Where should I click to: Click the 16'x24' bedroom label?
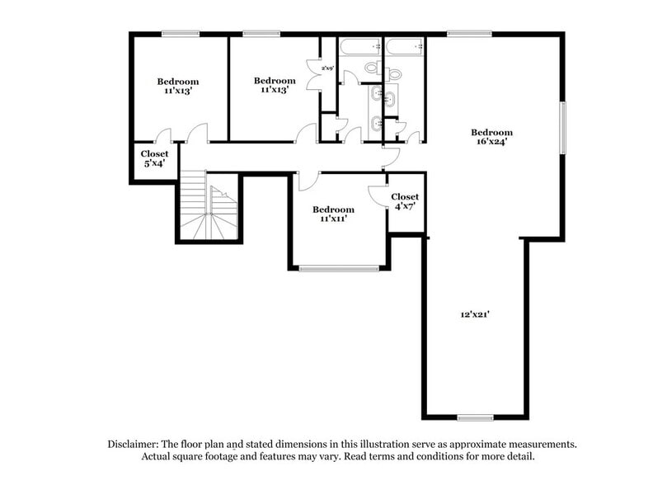[x=491, y=137]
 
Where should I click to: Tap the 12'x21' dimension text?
[x=476, y=314]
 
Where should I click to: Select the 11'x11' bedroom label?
[x=334, y=214]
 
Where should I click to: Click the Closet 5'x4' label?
[x=154, y=158]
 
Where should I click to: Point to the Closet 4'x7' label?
[x=404, y=201]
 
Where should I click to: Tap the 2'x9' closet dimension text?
[x=327, y=68]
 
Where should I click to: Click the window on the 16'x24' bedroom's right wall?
[x=563, y=127]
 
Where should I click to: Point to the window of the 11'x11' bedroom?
[x=339, y=267]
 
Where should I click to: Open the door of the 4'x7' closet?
[x=378, y=195]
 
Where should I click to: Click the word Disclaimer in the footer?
[x=136, y=444]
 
